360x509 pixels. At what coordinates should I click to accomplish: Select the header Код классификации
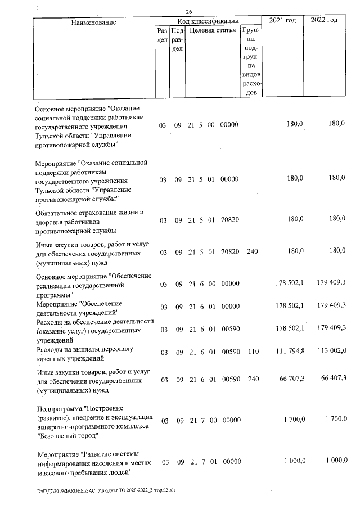click(208, 20)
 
